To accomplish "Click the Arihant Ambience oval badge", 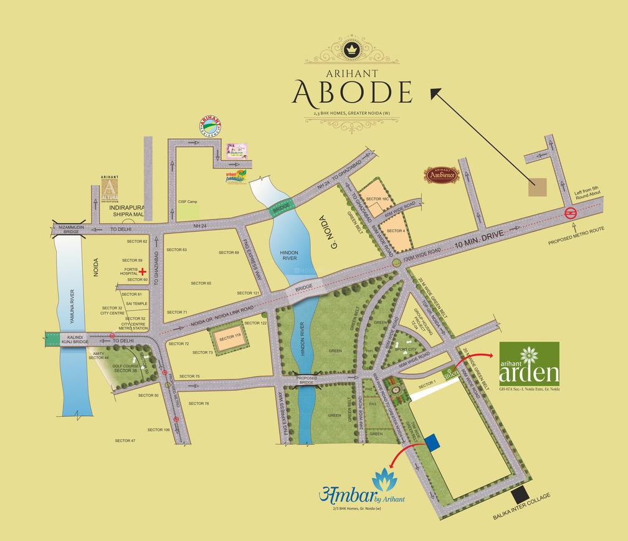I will click(x=441, y=175).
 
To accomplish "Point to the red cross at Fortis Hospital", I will click(x=143, y=271).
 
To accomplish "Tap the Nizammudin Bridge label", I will click(x=67, y=229).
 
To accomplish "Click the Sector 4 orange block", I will click(x=396, y=230).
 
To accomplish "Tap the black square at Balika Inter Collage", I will click(x=520, y=496).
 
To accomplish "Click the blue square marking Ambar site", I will click(x=433, y=441).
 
